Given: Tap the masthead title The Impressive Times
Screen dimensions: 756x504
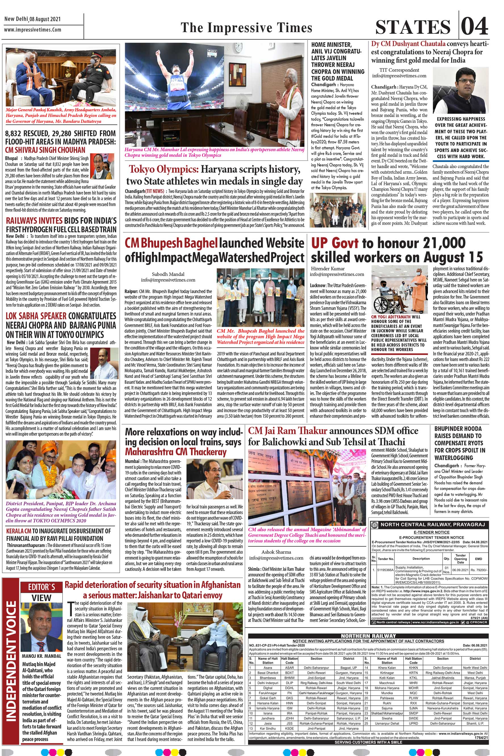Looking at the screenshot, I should pos(246,28).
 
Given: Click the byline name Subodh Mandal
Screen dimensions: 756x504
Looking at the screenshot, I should pos(168,274).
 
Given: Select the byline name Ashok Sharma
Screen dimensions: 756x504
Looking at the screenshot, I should pos(276,552).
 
